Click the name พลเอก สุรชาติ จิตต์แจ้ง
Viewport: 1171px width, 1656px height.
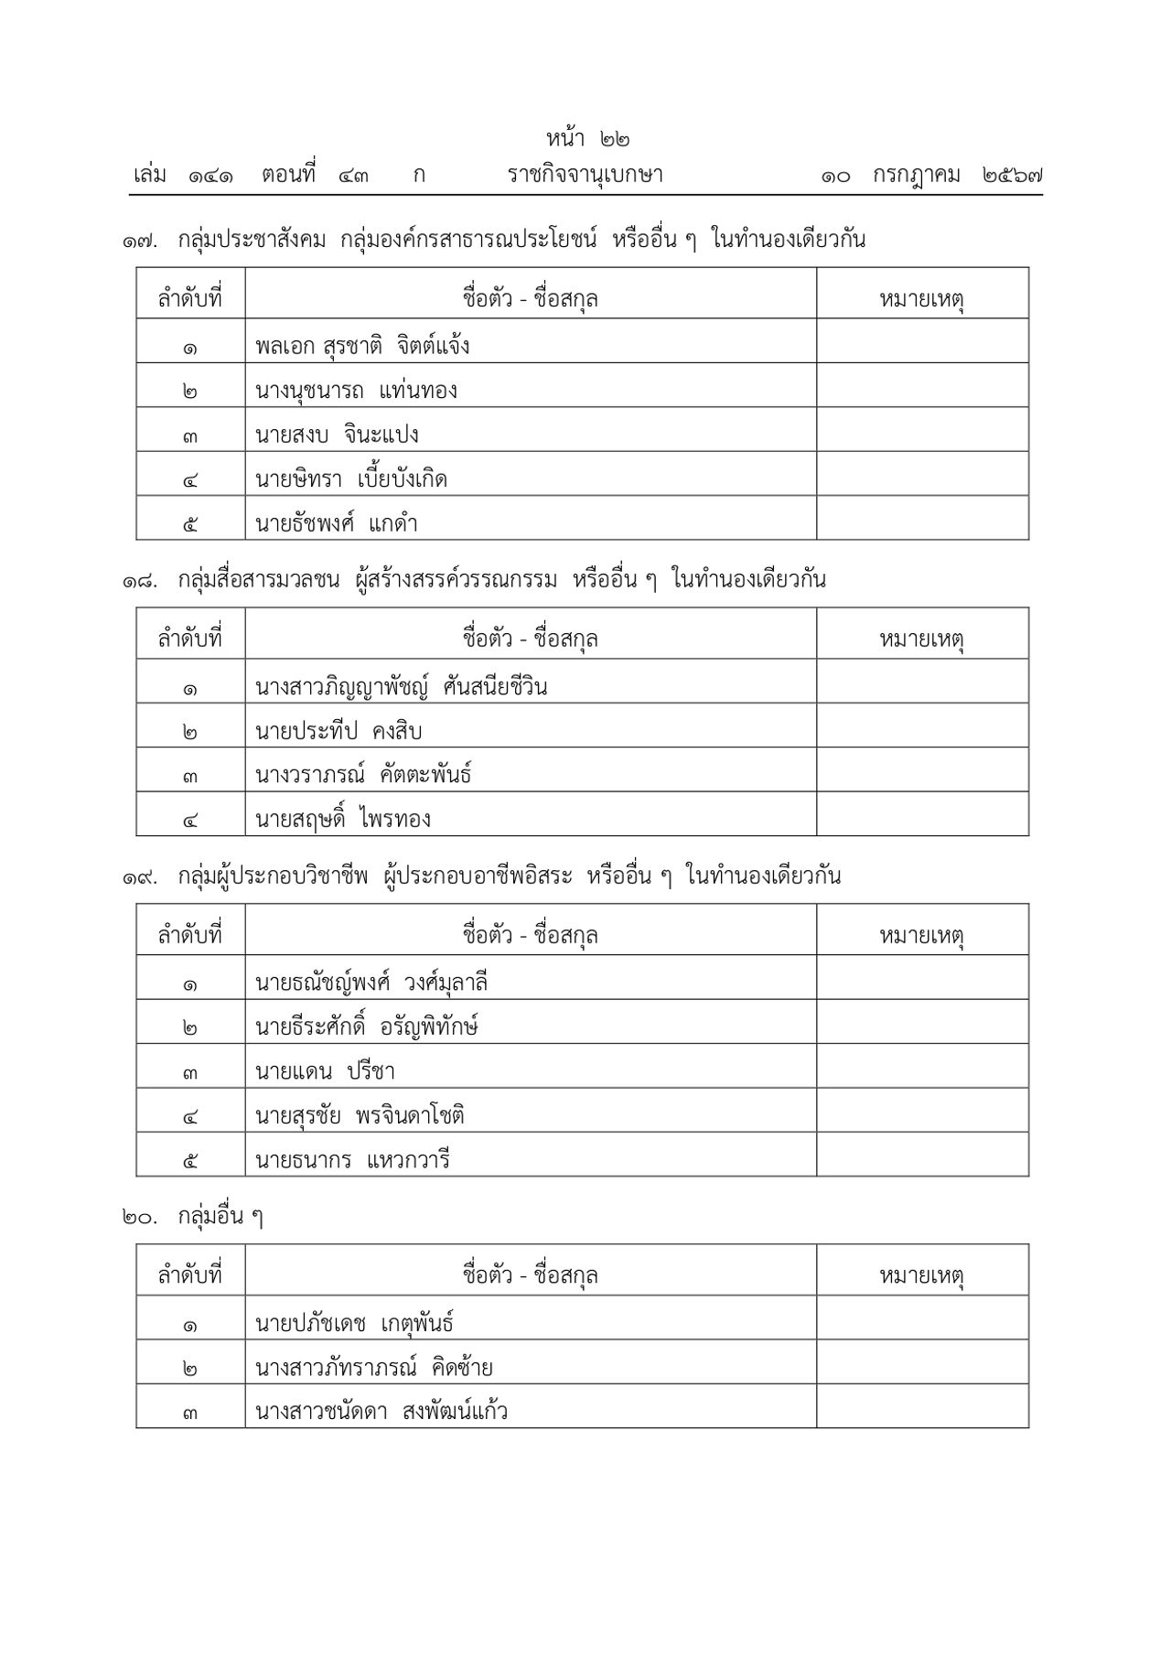click(x=362, y=347)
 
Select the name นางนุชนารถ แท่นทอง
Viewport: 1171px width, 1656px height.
click(x=357, y=391)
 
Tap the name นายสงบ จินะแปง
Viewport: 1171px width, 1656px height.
click(x=338, y=436)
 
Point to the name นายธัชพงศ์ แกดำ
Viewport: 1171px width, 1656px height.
click(x=337, y=524)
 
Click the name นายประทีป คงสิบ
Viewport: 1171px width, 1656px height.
click(x=339, y=731)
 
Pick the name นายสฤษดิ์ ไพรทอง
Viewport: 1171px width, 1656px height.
click(x=343, y=819)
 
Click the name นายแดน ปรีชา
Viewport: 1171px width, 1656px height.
click(x=325, y=1071)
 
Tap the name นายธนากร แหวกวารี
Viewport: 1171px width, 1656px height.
click(x=353, y=1161)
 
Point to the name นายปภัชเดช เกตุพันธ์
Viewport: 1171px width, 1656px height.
click(x=355, y=1323)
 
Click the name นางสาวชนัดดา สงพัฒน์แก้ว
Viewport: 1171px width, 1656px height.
click(x=381, y=1412)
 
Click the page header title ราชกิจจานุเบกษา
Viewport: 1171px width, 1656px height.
click(x=585, y=175)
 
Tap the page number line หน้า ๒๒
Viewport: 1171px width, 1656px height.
click(x=588, y=139)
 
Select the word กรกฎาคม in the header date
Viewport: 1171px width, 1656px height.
click(x=916, y=175)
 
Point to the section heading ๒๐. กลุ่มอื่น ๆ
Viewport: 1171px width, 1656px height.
click(x=192, y=1218)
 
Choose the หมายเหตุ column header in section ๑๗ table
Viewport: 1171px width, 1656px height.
click(x=922, y=299)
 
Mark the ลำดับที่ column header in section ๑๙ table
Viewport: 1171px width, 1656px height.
click(x=190, y=936)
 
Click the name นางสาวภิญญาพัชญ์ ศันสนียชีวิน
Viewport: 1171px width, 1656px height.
click(x=402, y=686)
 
